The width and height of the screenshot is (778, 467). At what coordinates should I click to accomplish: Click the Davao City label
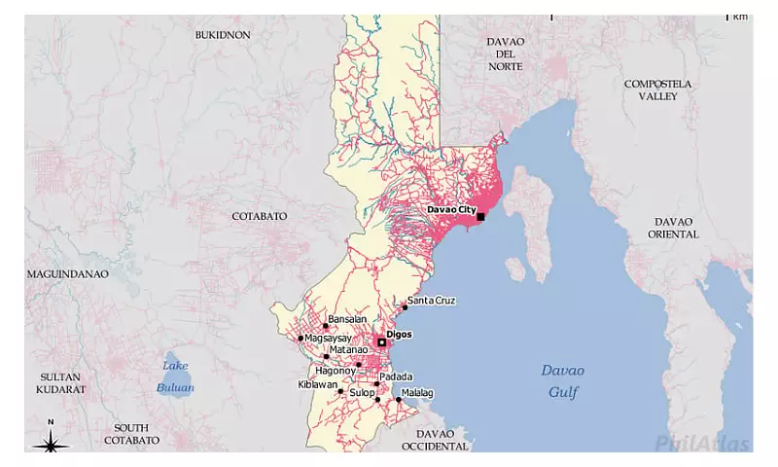click(x=451, y=209)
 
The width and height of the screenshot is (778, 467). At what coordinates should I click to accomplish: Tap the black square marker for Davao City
click(x=480, y=217)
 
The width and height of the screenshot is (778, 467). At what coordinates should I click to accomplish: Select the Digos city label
click(x=400, y=334)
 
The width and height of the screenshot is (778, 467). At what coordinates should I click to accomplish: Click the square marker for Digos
click(x=382, y=342)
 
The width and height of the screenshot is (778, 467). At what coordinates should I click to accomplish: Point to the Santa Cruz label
click(x=432, y=300)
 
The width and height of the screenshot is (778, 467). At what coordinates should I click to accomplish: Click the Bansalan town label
click(x=347, y=319)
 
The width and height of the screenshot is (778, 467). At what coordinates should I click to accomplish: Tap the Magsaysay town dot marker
click(x=301, y=339)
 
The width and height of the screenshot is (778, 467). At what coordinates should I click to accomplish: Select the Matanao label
click(x=348, y=349)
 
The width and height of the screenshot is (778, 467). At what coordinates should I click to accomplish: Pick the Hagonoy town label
click(x=336, y=371)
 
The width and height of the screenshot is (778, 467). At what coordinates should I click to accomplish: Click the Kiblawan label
click(x=317, y=384)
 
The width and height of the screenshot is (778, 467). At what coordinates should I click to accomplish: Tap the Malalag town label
click(x=417, y=393)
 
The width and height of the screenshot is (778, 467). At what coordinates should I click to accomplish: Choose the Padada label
click(x=396, y=377)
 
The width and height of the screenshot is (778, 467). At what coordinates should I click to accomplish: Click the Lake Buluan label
click(x=175, y=377)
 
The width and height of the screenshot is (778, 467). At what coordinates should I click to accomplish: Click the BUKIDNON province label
click(x=223, y=35)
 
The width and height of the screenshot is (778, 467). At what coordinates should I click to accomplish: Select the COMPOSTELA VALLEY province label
click(x=657, y=90)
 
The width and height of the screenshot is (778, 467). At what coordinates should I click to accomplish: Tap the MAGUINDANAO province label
click(x=67, y=274)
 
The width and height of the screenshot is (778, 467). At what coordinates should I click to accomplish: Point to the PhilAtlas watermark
click(x=702, y=444)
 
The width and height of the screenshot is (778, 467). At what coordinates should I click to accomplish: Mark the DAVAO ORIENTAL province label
click(x=674, y=228)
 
